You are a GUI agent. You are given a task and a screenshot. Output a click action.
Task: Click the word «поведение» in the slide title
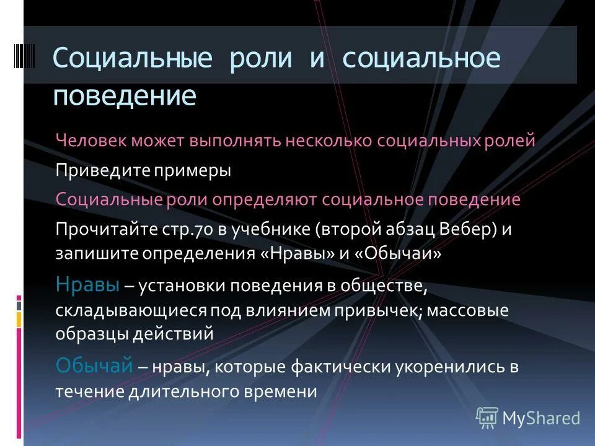pos(124,96)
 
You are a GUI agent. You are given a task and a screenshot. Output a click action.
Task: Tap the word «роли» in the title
pos(260,58)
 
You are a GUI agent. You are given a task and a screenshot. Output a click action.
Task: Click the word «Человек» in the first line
pos(90,141)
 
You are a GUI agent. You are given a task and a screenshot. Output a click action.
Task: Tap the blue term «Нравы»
pos(87,286)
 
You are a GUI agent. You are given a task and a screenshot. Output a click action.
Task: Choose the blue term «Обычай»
pos(94,366)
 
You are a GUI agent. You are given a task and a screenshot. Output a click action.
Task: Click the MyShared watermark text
pos(540,418)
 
